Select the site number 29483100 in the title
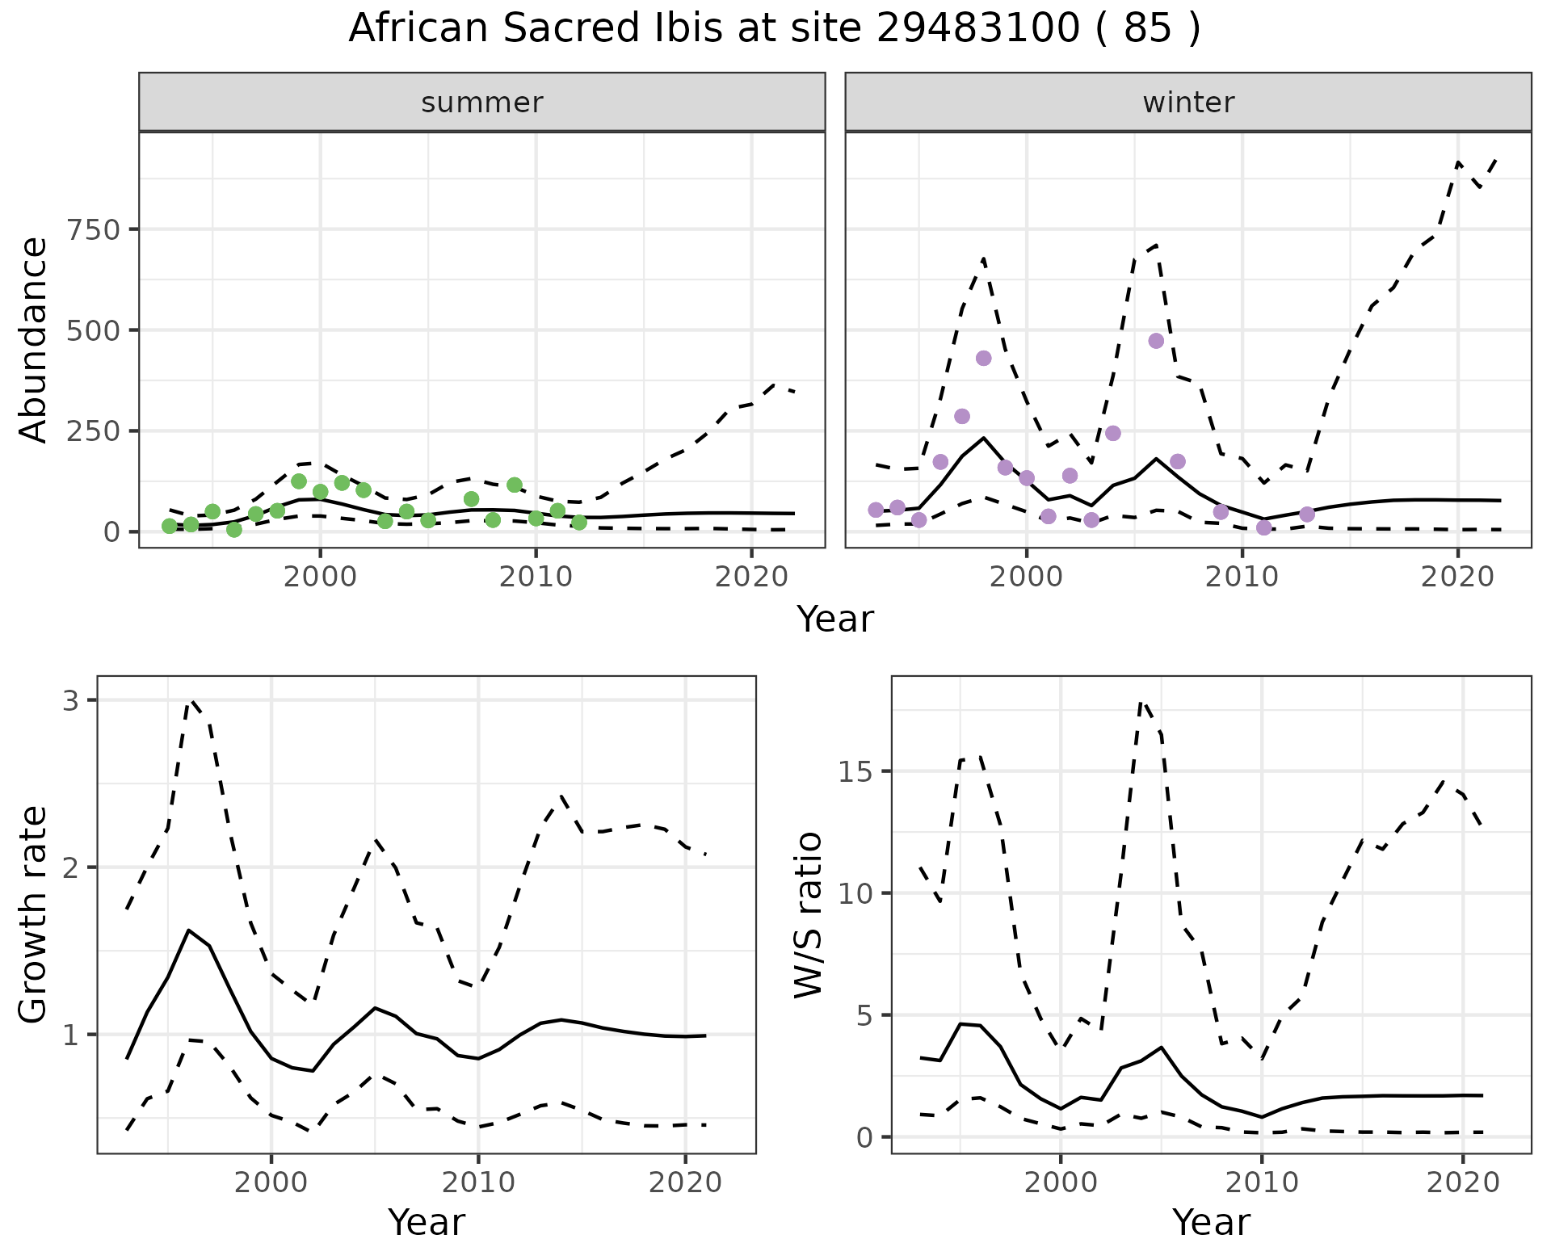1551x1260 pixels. point(977,29)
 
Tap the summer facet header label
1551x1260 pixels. point(482,103)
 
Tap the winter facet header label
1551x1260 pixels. point(1188,103)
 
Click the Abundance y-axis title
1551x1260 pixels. point(34,339)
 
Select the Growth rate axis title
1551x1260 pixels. point(34,914)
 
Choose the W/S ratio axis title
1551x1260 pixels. point(809,914)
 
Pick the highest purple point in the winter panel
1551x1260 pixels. point(1156,341)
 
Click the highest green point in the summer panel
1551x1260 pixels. point(299,481)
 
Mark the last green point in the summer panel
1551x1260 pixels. point(579,523)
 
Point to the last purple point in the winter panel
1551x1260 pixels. point(1307,514)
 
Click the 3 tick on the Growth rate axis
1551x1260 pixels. point(71,700)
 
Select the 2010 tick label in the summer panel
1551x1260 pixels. point(536,577)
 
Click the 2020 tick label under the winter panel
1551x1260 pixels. point(1458,577)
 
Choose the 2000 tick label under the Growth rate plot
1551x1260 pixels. point(271,1182)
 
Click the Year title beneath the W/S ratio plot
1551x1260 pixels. point(1211,1222)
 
